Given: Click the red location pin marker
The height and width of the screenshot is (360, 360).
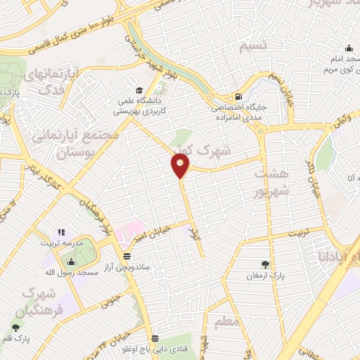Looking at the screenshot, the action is click(x=181, y=165).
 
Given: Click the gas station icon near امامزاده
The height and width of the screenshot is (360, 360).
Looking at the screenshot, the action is click(x=240, y=97).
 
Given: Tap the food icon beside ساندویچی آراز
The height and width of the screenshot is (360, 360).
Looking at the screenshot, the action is click(x=126, y=256).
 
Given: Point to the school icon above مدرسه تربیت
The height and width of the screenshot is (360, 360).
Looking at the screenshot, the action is click(x=61, y=231).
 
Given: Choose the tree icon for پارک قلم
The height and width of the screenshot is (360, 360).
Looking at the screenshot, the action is click(x=15, y=328).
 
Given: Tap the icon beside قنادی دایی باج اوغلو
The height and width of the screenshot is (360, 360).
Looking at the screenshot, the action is click(x=155, y=337).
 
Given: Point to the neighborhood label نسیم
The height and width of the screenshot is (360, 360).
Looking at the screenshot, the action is click(x=253, y=47).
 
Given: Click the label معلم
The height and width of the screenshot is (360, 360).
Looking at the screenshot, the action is click(x=229, y=322).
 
